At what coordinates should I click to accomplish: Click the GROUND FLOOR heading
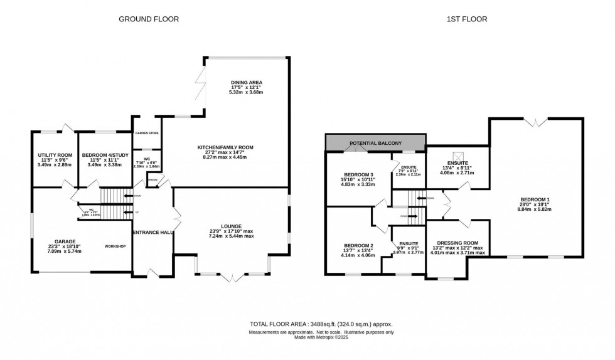149,19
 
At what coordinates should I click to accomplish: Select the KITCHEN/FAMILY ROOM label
223,147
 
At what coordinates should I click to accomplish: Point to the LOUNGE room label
231,226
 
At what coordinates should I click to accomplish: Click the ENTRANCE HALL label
152,233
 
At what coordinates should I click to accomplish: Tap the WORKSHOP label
115,246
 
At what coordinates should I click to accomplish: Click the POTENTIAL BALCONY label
375,143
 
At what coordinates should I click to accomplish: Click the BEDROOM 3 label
358,174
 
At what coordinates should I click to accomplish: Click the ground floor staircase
114,196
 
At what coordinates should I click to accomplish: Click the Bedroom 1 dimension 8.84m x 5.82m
535,209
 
